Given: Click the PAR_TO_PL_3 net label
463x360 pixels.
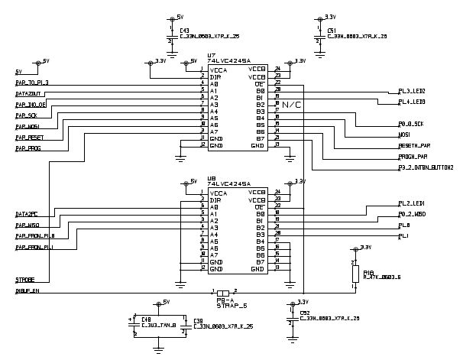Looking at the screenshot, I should [x=31, y=82].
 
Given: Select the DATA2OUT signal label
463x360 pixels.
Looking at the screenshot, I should [x=28, y=92].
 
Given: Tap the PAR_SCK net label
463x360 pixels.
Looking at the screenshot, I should [x=26, y=115].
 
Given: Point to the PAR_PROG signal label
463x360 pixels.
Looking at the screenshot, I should [x=28, y=148].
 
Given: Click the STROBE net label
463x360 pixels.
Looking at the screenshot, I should [x=24, y=280].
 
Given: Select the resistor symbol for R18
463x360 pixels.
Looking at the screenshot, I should [x=355, y=273].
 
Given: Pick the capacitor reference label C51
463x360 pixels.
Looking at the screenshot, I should [x=331, y=30].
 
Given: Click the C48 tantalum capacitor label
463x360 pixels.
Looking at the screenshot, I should [x=146, y=319].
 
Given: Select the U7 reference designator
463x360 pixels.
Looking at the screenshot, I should [x=212, y=55].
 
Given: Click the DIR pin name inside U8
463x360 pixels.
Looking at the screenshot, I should [x=217, y=199].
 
